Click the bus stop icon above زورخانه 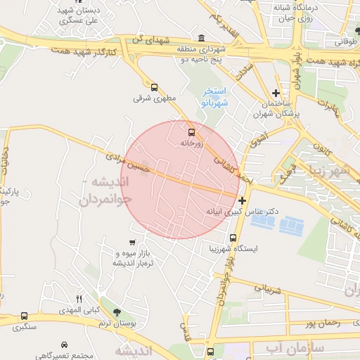(191, 131)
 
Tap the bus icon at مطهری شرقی (154, 87)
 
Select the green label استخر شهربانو (212, 97)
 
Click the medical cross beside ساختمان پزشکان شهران (276, 93)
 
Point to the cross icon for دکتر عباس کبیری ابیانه (243, 200)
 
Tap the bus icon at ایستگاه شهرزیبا (233, 238)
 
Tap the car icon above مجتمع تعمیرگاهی (65, 345)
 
